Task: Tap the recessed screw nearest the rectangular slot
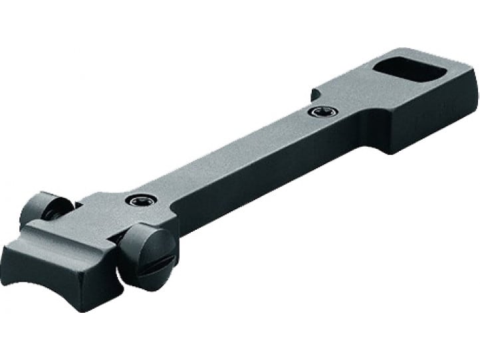317,112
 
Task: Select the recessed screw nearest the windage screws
138,200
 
